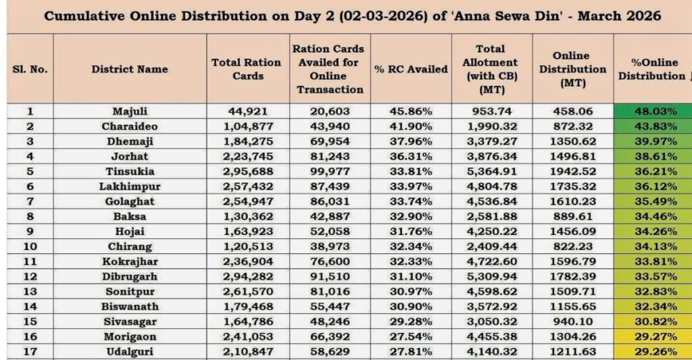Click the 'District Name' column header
(130, 69)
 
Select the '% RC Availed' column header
(411, 69)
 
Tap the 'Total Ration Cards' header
(247, 69)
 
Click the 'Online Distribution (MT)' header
(573, 69)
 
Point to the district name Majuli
(130, 112)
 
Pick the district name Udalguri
(130, 351)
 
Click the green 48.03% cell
(652, 112)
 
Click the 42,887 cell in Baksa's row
(330, 217)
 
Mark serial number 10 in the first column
(30, 247)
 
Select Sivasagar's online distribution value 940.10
(572, 322)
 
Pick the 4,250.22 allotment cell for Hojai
(491, 232)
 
